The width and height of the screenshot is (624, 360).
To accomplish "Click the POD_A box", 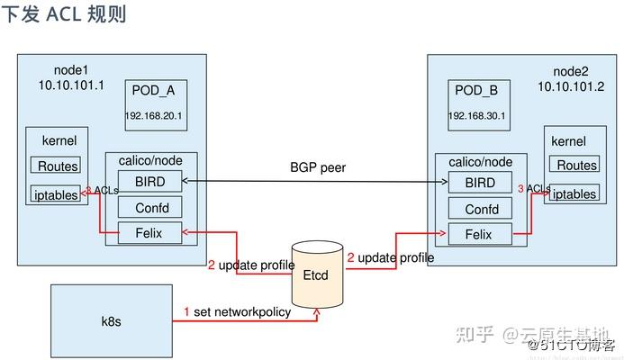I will (156, 104).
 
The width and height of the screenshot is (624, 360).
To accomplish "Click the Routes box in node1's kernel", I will (56, 166).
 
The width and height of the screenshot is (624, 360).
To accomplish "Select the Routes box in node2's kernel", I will (576, 166).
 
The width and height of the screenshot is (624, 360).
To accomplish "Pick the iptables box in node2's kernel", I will (574, 193).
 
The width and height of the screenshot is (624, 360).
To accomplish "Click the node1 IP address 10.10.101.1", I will (71, 85).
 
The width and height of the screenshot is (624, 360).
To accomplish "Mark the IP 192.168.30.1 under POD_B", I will (478, 117).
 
